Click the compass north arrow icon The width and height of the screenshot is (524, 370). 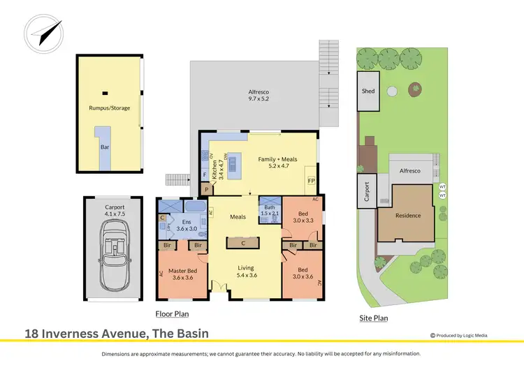click(43, 31)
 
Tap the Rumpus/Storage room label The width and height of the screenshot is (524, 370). click(109, 108)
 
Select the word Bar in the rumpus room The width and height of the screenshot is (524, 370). click(104, 147)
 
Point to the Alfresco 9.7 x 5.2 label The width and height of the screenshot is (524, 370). click(258, 95)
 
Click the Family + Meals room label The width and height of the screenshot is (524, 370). click(277, 163)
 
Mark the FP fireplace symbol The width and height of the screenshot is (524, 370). click(310, 182)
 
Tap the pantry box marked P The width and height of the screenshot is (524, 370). click(207, 189)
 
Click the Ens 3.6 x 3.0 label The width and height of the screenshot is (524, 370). click(187, 225)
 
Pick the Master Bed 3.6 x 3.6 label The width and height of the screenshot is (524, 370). click(182, 274)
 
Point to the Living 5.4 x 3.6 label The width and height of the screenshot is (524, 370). click(245, 271)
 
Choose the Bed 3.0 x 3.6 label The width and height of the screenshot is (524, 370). click(302, 273)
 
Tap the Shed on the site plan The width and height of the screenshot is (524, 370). click(368, 91)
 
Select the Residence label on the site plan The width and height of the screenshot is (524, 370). click(408, 215)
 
